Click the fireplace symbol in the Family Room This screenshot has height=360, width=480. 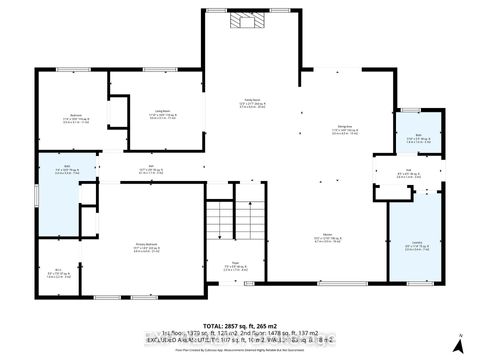click(244, 21)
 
